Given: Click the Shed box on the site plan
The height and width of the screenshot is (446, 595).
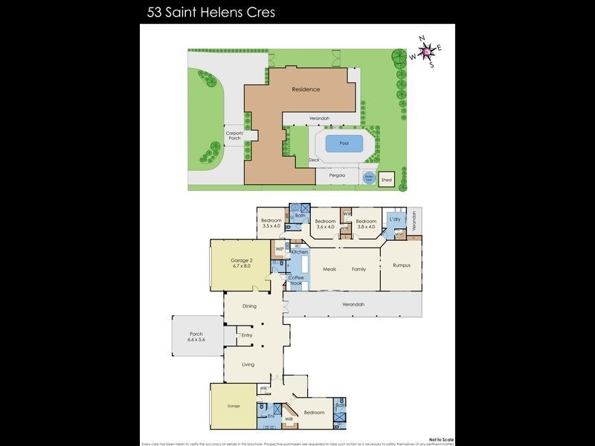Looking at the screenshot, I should point(386,180).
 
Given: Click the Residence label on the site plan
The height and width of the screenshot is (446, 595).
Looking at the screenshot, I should point(306,89).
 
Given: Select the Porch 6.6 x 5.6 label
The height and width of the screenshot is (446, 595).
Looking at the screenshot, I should point(196,336).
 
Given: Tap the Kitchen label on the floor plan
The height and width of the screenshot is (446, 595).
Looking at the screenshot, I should point(299,252).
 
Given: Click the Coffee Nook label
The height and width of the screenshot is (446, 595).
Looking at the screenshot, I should point(297,280).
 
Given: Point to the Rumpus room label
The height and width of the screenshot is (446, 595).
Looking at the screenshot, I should point(402,265).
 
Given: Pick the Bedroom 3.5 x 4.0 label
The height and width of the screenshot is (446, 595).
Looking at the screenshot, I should point(271,223).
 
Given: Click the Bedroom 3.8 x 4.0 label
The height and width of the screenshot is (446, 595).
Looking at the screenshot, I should point(365,223).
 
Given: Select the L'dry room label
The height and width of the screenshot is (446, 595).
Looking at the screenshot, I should point(396,220).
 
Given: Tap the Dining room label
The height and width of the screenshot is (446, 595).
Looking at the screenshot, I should point(250,306).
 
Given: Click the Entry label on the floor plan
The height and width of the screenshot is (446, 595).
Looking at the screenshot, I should point(247,335).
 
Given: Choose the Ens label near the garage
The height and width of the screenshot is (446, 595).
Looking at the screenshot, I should point(270,417).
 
